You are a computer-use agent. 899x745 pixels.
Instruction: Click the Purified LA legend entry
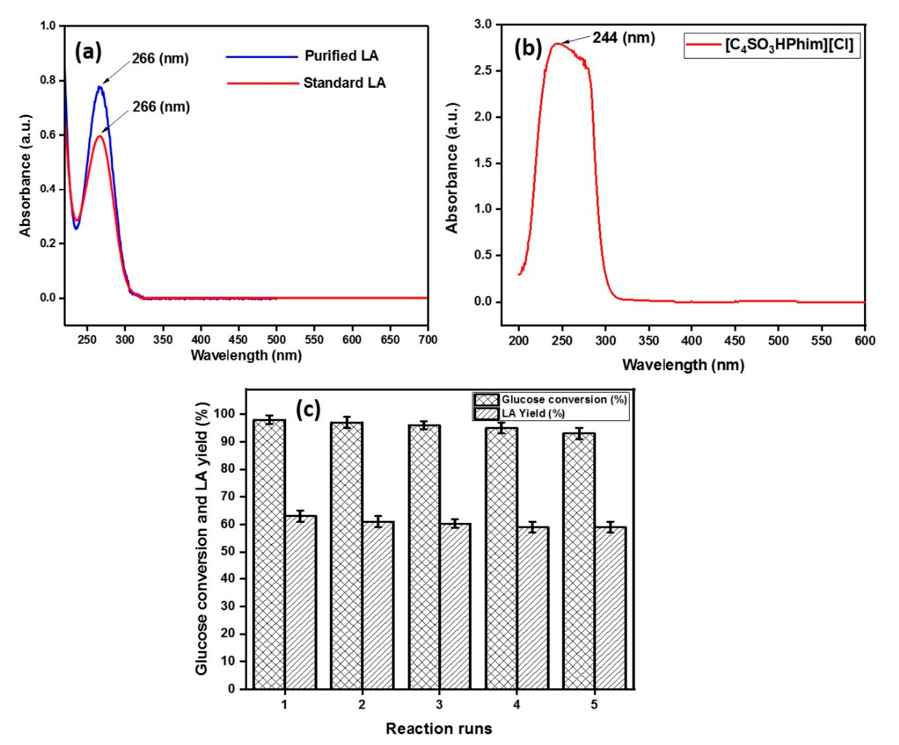point(341,56)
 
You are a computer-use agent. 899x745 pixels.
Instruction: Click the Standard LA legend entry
point(344,83)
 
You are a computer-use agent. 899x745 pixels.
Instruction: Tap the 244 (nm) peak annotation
point(623,38)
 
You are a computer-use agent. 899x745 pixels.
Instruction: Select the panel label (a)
point(88,52)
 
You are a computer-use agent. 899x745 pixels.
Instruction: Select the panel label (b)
point(528,48)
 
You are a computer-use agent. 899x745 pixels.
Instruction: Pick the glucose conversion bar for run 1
point(269,556)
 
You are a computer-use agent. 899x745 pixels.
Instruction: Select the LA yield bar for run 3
point(455,608)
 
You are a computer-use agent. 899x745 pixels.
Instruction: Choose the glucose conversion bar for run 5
point(579,565)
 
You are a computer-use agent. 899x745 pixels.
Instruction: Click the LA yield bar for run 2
point(378,608)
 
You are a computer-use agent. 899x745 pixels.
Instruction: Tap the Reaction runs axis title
point(439,728)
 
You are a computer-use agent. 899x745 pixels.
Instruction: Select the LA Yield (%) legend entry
point(533,413)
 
